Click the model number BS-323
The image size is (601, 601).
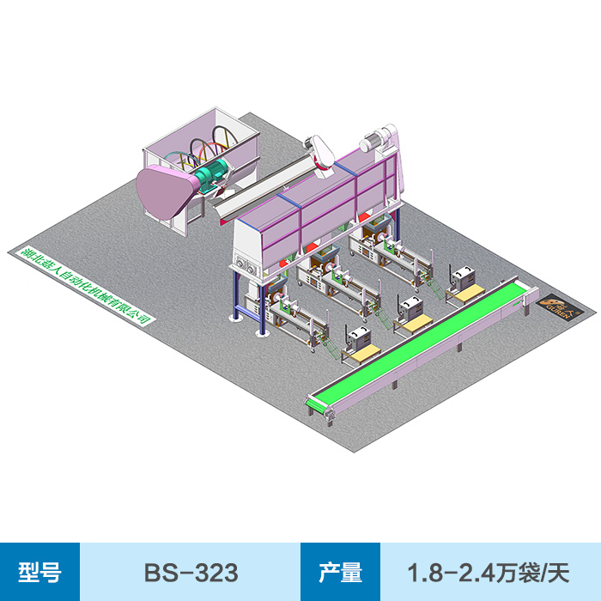coord(191,572)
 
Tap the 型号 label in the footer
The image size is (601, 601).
coord(39,572)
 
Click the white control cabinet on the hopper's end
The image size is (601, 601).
coord(249,249)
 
